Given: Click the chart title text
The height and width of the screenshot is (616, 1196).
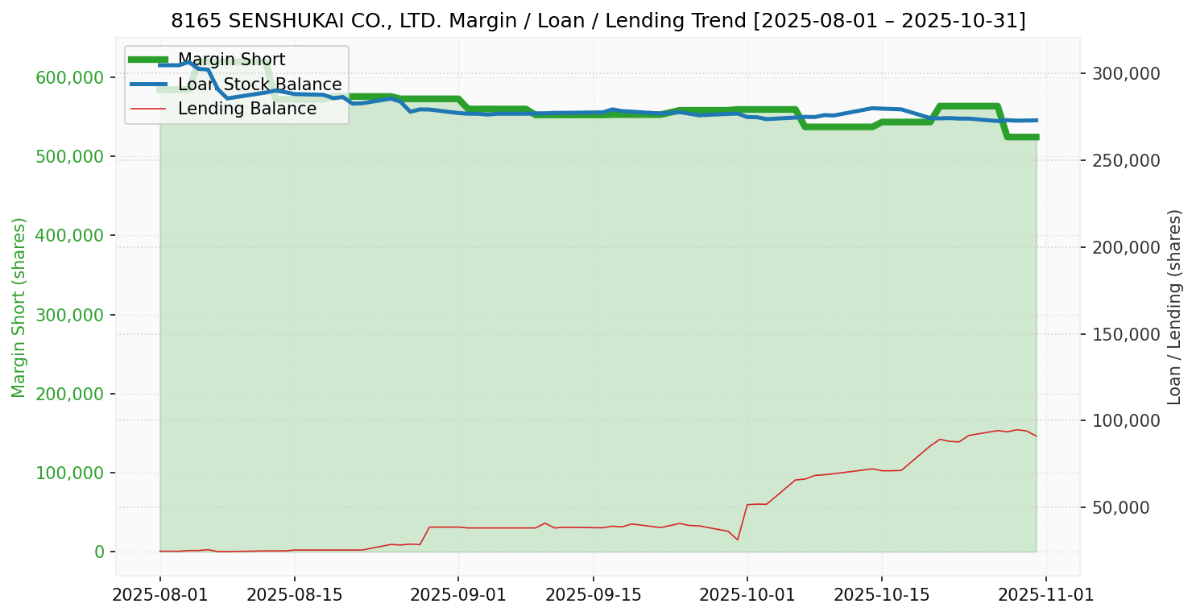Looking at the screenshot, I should [x=598, y=20].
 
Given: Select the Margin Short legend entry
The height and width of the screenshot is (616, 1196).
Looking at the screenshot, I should [x=231, y=60].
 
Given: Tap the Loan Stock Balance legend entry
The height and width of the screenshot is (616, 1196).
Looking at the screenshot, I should [x=259, y=85].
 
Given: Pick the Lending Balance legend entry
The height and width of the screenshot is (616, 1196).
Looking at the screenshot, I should [x=246, y=109].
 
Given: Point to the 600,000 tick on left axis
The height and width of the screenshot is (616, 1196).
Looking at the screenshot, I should [x=71, y=77].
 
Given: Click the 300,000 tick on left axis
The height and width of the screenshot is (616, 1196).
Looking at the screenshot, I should [x=71, y=315].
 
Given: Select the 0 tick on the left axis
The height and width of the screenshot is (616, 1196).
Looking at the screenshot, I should [x=100, y=552].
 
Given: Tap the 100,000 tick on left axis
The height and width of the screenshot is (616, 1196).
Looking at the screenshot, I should [x=71, y=473].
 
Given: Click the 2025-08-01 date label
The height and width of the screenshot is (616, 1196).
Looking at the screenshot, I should [x=159, y=595].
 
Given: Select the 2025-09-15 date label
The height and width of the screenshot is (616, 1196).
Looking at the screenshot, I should [x=593, y=595].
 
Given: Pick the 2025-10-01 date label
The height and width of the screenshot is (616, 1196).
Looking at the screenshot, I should [x=747, y=595].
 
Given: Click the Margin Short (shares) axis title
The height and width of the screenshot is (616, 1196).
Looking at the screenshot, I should [x=19, y=307].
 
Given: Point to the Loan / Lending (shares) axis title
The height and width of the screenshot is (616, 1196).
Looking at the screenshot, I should [x=1174, y=307].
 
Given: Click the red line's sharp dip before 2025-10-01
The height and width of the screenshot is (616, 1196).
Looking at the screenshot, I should [x=738, y=540].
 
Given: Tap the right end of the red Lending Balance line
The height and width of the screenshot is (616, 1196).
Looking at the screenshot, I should [x=1037, y=436].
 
